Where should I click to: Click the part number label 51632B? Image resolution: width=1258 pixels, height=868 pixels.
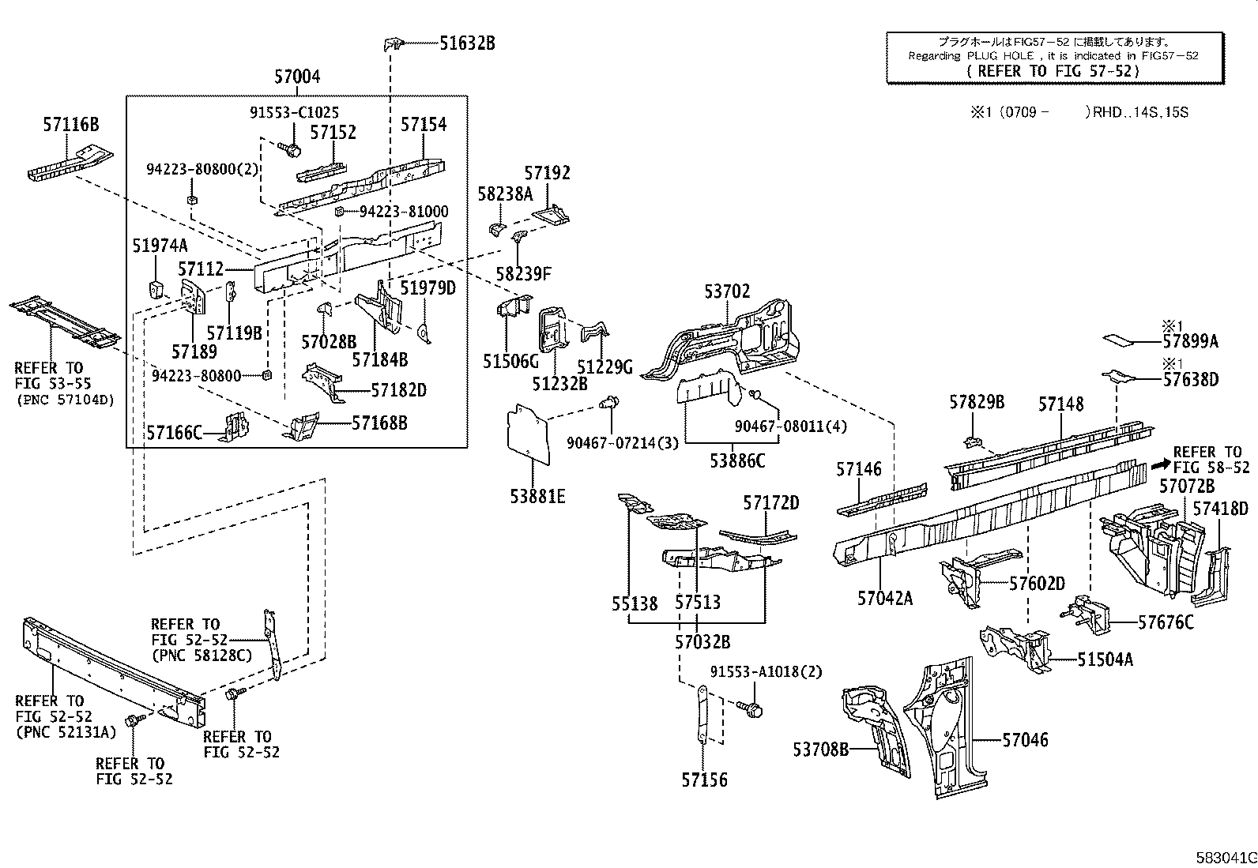tap(467, 43)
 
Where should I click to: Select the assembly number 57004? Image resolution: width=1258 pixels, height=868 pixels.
tap(297, 77)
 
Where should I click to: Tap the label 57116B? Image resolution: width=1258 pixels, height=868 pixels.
tap(71, 124)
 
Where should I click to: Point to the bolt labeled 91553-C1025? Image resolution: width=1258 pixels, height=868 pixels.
tap(290, 149)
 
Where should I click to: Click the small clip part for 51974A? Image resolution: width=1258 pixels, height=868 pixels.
tap(156, 289)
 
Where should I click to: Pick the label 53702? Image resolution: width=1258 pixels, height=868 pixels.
tap(727, 291)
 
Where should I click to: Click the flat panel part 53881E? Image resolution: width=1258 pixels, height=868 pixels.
tap(528, 434)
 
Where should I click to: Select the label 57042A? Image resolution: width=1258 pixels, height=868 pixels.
tap(884, 599)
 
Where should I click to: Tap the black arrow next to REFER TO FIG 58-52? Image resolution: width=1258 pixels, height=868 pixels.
tap(1161, 464)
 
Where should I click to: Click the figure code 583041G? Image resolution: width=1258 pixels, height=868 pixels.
tap(1226, 858)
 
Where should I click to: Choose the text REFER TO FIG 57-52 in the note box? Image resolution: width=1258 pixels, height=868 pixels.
tap(1053, 71)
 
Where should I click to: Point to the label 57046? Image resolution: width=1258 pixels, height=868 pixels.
tap(1025, 740)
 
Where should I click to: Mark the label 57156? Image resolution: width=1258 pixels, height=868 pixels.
tap(704, 780)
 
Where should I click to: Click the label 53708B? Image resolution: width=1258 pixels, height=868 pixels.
tap(820, 749)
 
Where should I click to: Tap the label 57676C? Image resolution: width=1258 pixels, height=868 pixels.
tap(1166, 622)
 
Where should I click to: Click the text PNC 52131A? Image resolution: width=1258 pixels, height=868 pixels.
tap(66, 732)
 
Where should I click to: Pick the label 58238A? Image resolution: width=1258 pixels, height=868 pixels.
tap(505, 194)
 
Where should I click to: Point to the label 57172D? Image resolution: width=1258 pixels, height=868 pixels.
tap(771, 503)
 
